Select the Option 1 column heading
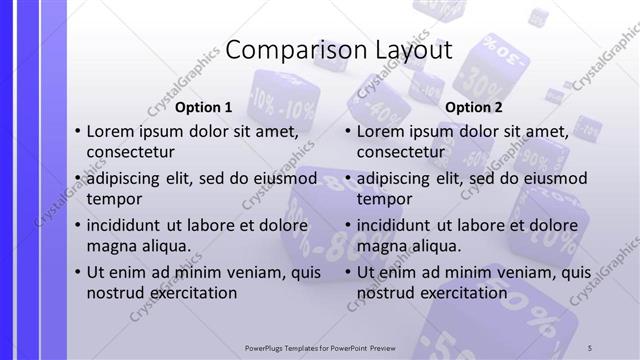(x=204, y=107)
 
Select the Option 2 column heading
(x=474, y=107)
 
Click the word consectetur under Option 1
(x=131, y=152)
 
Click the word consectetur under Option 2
(x=401, y=152)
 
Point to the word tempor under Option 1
(x=115, y=199)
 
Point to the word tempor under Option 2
(x=385, y=199)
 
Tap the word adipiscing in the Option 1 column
(x=126, y=179)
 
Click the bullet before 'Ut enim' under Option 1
(x=78, y=273)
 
